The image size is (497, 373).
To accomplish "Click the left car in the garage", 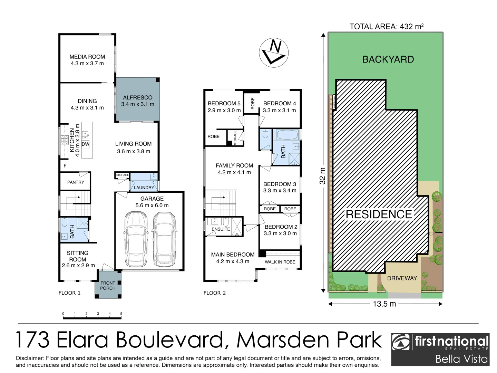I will (x=135, y=238).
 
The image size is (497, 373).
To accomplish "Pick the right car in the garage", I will (x=165, y=238).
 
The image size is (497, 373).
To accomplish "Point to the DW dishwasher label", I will (x=86, y=144).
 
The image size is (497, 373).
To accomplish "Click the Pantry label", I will (x=76, y=182).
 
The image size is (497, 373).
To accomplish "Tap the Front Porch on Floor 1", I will (x=108, y=285).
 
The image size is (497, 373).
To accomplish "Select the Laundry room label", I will (x=144, y=188).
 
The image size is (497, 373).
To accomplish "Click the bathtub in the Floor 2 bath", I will (x=287, y=135).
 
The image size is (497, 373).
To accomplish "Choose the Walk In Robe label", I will (x=280, y=262).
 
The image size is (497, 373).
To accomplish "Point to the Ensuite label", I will (x=221, y=229).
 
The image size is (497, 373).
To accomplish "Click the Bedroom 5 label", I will (x=224, y=103).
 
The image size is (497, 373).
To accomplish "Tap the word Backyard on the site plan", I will (x=388, y=59).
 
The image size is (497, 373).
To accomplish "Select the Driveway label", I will (x=402, y=278).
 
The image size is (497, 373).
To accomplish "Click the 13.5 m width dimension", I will (x=384, y=304).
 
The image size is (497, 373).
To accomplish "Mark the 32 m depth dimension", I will (x=322, y=175).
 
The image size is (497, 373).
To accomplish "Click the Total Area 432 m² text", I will (x=387, y=27).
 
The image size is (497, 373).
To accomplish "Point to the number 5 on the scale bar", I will (x=121, y=314).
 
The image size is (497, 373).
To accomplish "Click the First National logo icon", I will (x=401, y=343).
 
